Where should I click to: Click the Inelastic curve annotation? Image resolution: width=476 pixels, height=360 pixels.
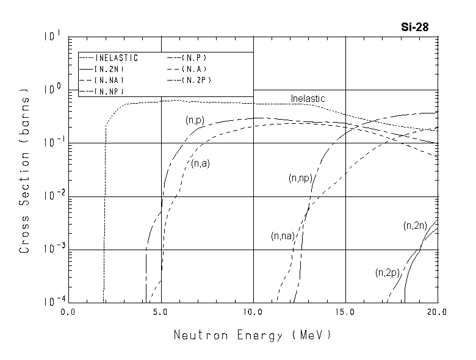308,98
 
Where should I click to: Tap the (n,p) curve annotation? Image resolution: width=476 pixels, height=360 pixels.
194,121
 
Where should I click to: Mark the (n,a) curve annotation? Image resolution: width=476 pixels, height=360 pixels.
200,164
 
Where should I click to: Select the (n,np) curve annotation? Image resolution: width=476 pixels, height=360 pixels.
300,178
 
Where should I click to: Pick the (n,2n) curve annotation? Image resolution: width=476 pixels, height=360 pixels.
415,226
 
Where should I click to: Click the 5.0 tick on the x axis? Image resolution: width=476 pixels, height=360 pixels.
161,312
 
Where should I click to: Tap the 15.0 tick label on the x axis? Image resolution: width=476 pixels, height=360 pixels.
346,312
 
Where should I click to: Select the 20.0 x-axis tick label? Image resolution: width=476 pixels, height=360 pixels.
438,312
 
